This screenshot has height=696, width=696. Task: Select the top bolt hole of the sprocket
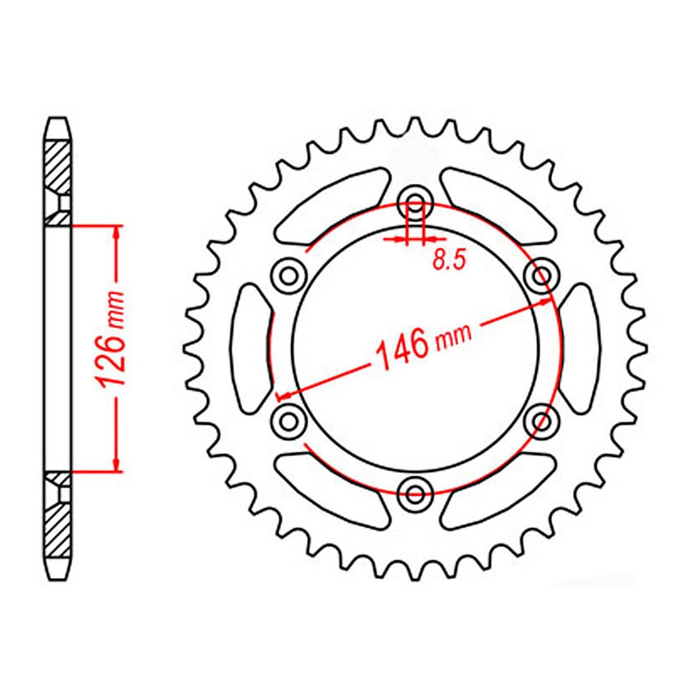coord(415,202)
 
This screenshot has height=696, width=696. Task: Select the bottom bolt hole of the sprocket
coord(415,493)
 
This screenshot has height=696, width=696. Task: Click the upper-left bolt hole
coord(289,276)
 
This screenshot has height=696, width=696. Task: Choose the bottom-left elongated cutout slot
coord(332,489)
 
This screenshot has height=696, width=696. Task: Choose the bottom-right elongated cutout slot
coord(499,489)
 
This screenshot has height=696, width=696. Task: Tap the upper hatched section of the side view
coord(58,166)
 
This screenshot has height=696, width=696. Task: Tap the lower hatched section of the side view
coord(58,530)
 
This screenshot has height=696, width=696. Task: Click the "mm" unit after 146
coord(453,335)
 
